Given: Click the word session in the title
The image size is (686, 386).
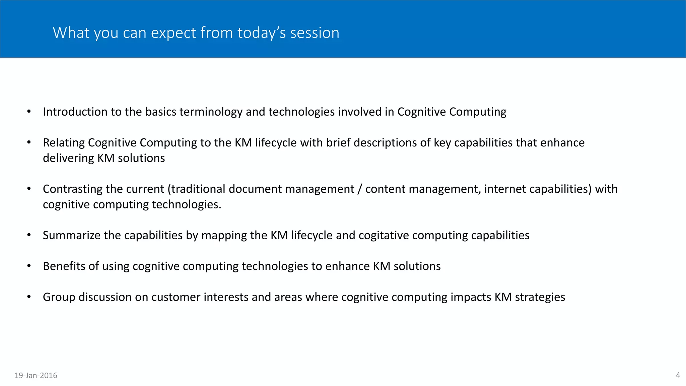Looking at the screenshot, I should click(x=315, y=33).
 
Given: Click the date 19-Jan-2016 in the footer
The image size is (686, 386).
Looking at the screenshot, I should click(x=36, y=375).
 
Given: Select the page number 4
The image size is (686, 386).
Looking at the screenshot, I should click(x=678, y=375).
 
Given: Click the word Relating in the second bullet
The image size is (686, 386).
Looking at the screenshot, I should click(x=64, y=143).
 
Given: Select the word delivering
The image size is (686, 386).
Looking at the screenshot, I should click(x=68, y=158).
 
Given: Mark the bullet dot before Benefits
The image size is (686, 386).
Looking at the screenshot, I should click(x=29, y=266).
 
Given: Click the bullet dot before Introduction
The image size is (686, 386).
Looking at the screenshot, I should click(x=29, y=112).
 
